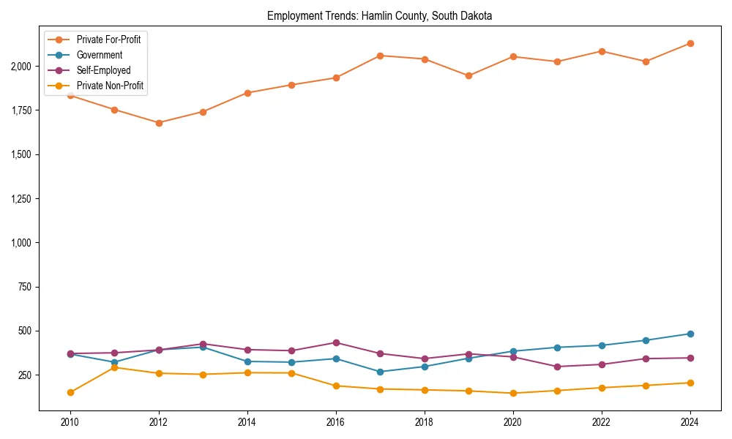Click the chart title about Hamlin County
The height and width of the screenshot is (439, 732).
(x=380, y=15)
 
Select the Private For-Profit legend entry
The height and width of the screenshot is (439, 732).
(x=108, y=40)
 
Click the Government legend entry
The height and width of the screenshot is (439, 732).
(x=100, y=55)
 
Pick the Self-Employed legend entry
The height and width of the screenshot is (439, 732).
(x=103, y=70)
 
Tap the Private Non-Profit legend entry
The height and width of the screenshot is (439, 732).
(x=110, y=86)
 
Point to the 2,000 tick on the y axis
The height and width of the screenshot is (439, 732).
(x=21, y=67)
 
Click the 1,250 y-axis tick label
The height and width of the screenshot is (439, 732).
(x=21, y=199)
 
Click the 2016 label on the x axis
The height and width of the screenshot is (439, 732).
(x=336, y=422)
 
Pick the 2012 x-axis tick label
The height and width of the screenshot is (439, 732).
(x=159, y=422)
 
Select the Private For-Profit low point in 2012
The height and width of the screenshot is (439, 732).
(x=159, y=123)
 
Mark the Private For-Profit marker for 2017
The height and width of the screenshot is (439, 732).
(x=380, y=56)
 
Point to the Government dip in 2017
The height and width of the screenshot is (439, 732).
(x=380, y=372)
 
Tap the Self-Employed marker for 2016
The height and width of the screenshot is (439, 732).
(x=336, y=342)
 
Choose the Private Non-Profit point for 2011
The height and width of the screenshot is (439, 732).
(x=115, y=367)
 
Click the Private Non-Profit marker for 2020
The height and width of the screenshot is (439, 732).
(x=513, y=393)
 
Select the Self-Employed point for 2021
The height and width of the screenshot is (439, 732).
(x=557, y=367)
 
